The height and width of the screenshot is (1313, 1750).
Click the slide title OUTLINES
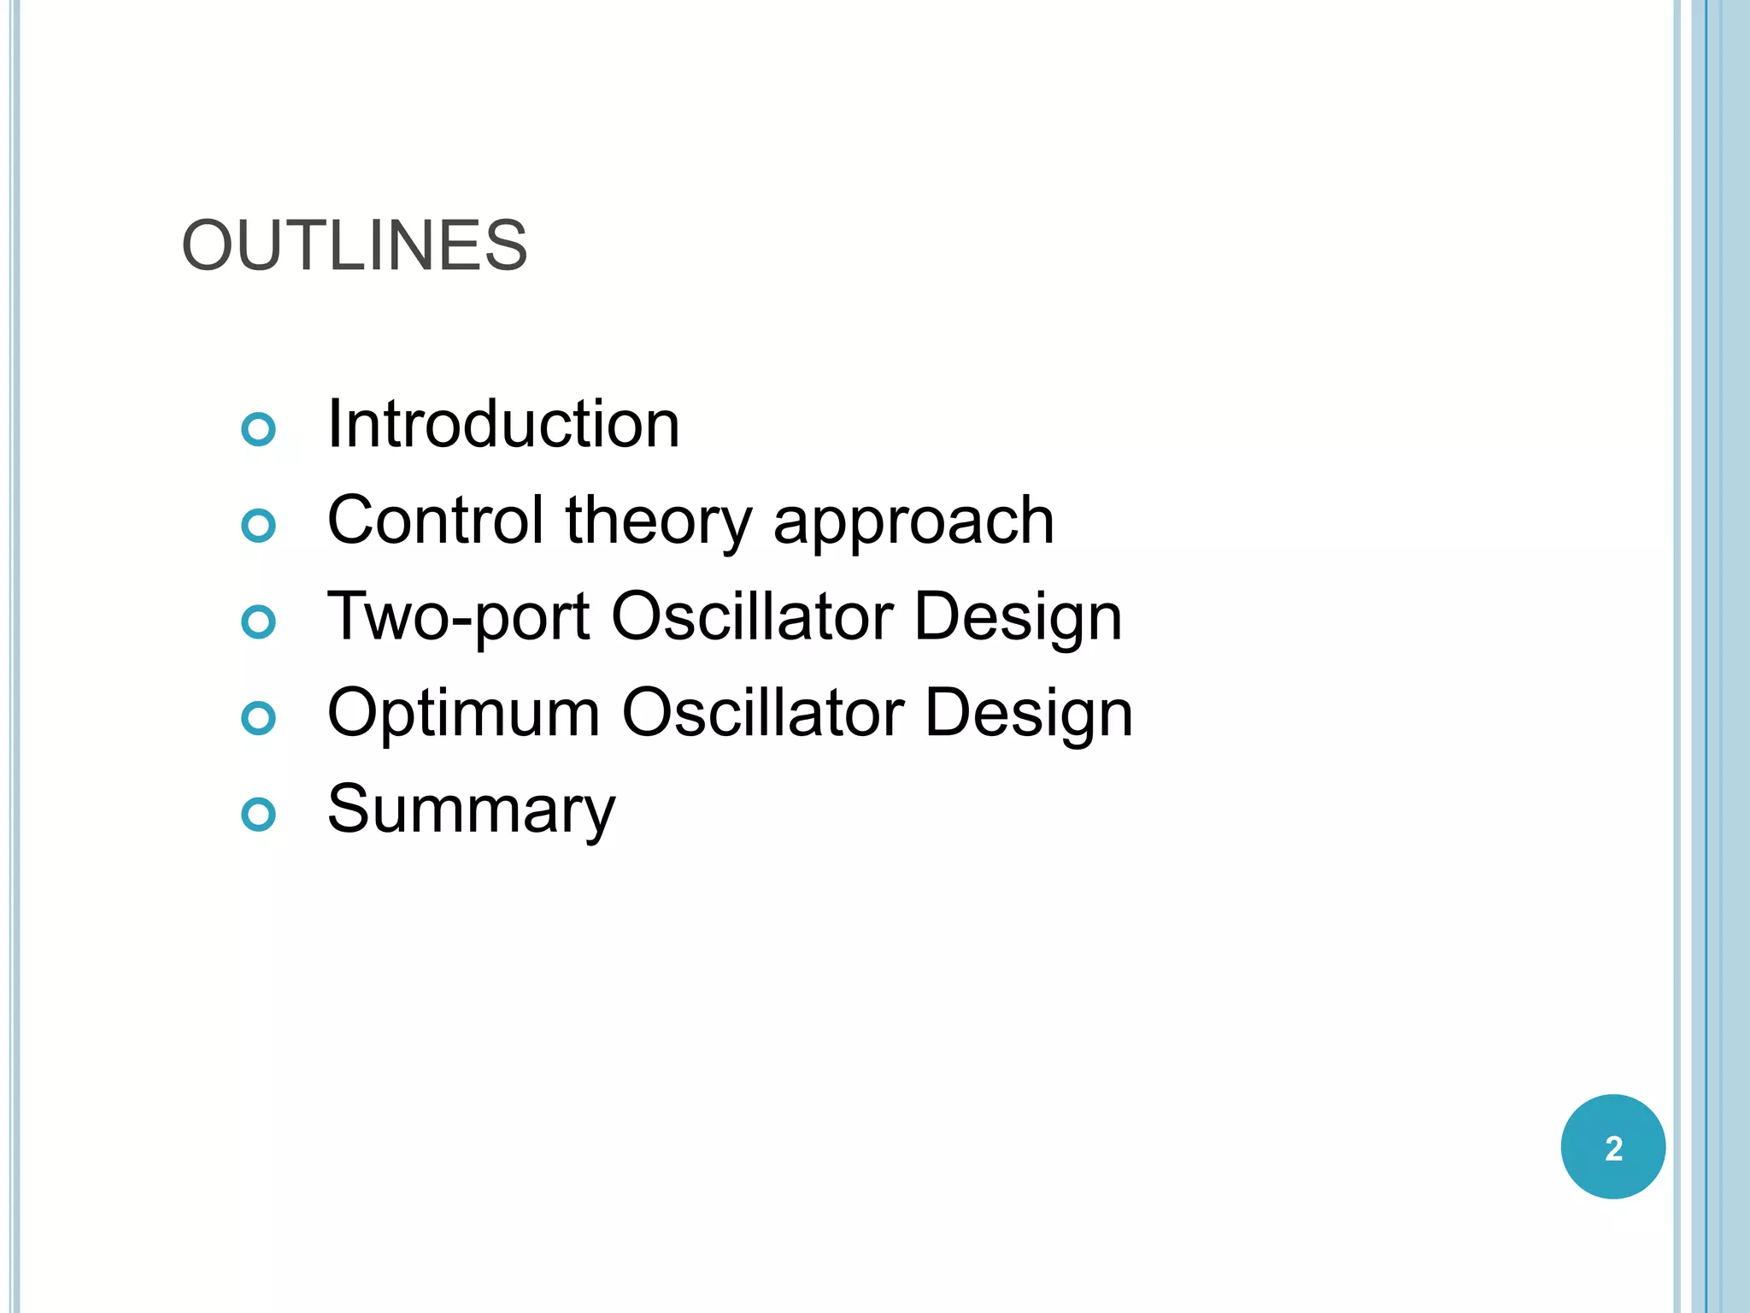tap(355, 246)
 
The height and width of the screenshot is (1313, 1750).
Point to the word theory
tap(659, 521)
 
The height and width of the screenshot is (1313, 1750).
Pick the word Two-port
tap(458, 617)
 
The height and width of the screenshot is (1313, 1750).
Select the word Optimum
tap(464, 714)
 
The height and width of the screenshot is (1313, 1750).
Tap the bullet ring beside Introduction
tap(259, 429)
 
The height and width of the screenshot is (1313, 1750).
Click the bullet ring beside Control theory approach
tap(259, 526)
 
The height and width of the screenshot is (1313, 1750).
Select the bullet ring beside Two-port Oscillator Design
tap(259, 622)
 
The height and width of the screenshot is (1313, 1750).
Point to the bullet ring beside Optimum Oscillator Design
tap(259, 718)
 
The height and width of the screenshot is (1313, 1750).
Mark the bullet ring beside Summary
tap(259, 815)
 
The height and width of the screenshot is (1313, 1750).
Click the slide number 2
tap(1613, 1148)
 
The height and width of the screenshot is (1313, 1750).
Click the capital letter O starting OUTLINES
tap(207, 246)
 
